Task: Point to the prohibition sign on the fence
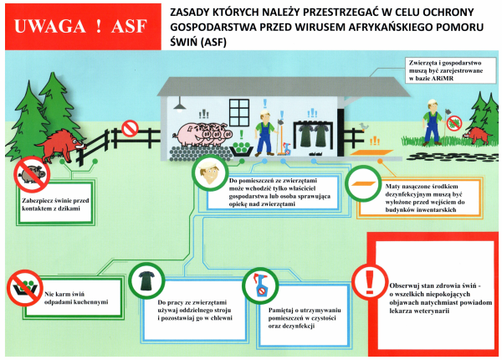pos(131,128)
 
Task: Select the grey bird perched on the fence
pos(363,126)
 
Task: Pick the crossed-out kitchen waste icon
pos(24,288)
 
